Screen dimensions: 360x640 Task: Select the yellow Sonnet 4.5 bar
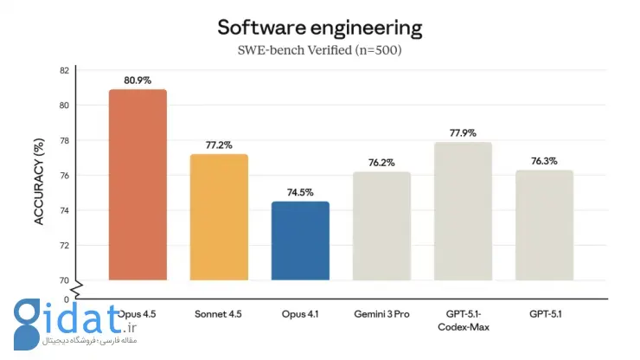(219, 217)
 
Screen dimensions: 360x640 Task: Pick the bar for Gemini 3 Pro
(381, 226)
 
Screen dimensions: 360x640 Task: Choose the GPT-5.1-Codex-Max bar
(463, 211)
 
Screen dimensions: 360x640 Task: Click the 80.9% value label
(138, 80)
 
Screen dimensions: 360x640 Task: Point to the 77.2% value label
(219, 145)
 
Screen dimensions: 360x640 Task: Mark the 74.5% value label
(300, 193)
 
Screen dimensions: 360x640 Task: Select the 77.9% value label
(463, 133)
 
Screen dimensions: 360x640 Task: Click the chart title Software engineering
(320, 28)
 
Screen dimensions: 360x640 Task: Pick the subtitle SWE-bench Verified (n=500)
(320, 50)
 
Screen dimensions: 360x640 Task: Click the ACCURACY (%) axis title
(39, 175)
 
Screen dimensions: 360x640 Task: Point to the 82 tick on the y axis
(64, 70)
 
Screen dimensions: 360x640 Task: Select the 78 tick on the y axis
(64, 140)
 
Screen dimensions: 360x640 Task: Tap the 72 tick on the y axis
(64, 245)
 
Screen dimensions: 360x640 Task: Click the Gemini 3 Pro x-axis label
(381, 311)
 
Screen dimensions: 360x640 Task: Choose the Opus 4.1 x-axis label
(300, 311)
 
